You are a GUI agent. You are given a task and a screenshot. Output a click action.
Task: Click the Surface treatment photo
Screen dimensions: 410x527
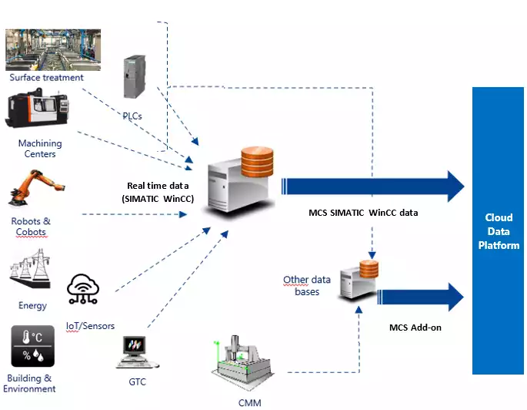coord(52,49)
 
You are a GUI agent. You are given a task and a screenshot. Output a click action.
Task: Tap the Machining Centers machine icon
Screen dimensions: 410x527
coord(38,112)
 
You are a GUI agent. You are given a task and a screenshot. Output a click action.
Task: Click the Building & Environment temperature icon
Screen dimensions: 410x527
coord(32,346)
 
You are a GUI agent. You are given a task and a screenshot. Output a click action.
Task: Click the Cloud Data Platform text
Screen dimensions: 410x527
coord(498,231)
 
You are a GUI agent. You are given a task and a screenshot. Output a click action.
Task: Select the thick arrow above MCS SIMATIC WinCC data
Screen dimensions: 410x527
coord(373,187)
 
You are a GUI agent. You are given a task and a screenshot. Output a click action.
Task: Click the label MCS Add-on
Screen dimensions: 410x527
coord(415,328)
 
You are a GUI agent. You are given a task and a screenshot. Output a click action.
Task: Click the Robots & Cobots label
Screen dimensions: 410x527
coord(32,227)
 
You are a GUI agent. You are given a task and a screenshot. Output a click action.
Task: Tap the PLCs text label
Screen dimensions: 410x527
coord(132,115)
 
